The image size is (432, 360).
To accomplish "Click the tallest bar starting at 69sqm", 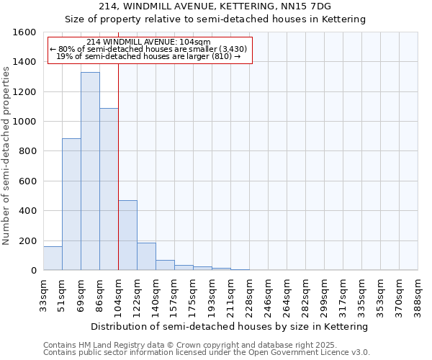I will [x=90, y=171].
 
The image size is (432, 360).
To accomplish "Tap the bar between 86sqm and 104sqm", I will [x=109, y=189].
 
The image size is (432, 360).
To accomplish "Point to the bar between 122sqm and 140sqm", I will [x=146, y=256].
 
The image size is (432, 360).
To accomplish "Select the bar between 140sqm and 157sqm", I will [x=165, y=265].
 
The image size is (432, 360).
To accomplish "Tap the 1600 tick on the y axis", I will [x=25, y=32].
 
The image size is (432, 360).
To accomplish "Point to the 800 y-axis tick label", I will [x=27, y=151].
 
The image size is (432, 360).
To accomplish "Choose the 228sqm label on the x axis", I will [x=250, y=294].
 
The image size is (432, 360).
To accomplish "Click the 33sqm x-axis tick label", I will [x=44, y=294].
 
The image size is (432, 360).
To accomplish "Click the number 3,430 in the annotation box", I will [x=233, y=49].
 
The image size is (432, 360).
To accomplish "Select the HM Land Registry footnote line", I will [x=199, y=345].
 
